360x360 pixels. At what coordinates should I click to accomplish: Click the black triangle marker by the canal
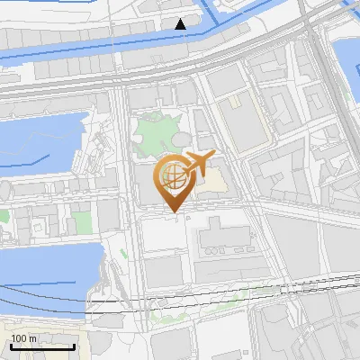(x=181, y=23)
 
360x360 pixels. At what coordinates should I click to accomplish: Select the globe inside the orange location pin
(x=170, y=175)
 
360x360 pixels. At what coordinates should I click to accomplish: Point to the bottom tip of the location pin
(x=171, y=212)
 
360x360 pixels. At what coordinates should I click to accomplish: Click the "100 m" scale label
(x=23, y=338)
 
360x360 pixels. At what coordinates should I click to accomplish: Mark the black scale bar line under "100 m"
(x=41, y=346)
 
